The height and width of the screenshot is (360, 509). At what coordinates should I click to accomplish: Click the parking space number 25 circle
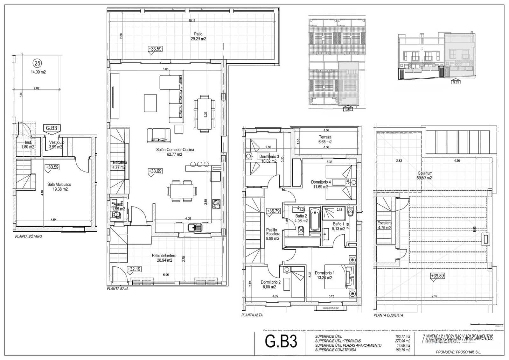pyautogui.click(x=38, y=63)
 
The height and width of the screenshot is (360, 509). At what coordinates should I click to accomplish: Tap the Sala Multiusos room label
pyautogui.click(x=59, y=187)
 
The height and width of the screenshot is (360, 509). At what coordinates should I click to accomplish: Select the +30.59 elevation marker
pyautogui.click(x=52, y=167)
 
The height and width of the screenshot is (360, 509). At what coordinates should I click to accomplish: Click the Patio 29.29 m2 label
pyautogui.click(x=198, y=36)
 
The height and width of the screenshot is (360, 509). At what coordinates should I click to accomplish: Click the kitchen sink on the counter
pyautogui.click(x=192, y=228)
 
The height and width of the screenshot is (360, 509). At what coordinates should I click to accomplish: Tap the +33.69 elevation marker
pyautogui.click(x=155, y=171)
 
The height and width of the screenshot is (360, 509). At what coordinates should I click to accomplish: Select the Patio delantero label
pyautogui.click(x=164, y=258)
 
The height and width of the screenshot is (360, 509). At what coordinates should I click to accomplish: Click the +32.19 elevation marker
pyautogui.click(x=134, y=269)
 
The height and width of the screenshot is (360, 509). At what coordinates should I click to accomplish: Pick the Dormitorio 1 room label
pyautogui.click(x=324, y=275)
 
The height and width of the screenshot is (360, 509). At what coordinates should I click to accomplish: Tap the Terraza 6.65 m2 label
pyautogui.click(x=325, y=139)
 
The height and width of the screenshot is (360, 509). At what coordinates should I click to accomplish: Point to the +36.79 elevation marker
pyautogui.click(x=273, y=211)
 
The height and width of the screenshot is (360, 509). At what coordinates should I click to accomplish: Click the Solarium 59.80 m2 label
pyautogui.click(x=425, y=175)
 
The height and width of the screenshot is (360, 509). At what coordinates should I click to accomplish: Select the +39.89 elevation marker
pyautogui.click(x=437, y=276)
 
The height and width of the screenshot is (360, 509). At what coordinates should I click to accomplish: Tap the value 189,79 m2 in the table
pyautogui.click(x=403, y=350)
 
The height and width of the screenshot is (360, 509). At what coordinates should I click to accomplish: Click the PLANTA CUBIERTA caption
pyautogui.click(x=388, y=315)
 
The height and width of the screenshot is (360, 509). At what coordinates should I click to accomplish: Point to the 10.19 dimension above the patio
pyautogui.click(x=192, y=21)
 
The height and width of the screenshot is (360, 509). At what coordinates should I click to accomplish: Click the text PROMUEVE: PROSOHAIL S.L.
pyautogui.click(x=458, y=352)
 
